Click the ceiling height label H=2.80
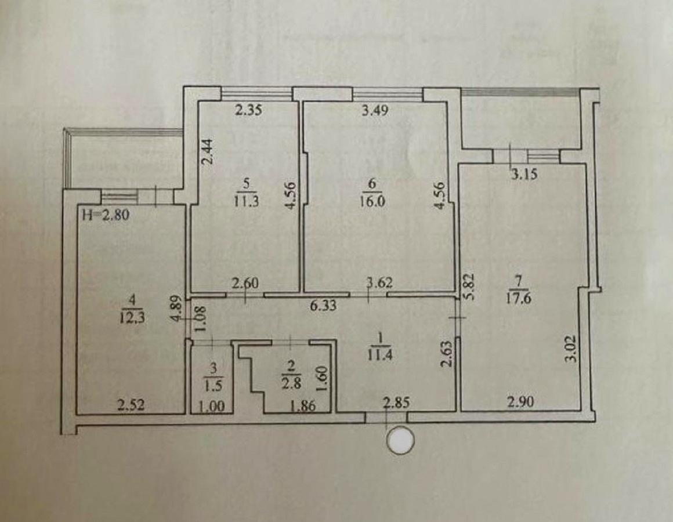105,215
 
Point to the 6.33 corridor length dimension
324,306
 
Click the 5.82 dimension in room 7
469,287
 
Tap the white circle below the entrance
400,440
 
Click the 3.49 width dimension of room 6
375,110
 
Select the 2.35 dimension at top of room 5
248,110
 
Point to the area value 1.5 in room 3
214,386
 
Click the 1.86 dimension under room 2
303,405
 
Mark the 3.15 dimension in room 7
524,175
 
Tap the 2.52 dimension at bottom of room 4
131,404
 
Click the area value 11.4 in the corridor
379,355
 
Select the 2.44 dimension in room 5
208,152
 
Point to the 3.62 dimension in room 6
379,282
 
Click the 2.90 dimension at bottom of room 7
520,402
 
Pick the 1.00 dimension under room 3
212,405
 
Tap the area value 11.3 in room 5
247,201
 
